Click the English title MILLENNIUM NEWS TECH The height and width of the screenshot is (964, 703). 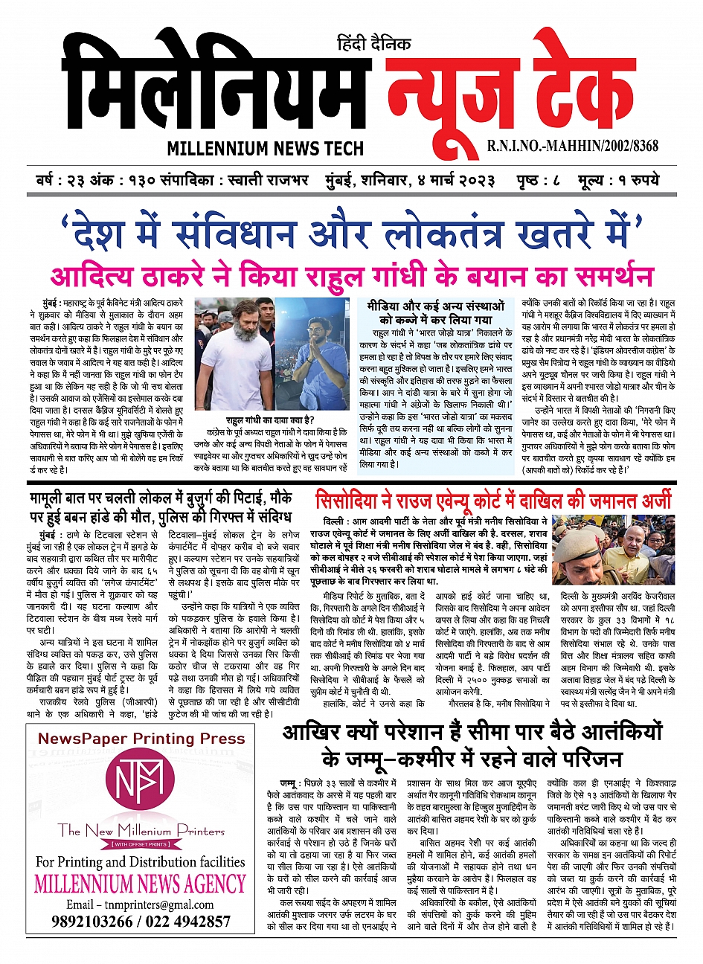[266, 148]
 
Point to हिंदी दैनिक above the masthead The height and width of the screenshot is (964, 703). [373, 44]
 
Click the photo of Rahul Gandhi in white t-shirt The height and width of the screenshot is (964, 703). [233, 353]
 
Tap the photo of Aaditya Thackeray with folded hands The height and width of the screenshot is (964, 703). [312, 353]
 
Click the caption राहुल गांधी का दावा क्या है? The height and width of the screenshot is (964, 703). [271, 420]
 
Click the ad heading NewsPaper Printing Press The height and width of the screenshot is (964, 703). [141, 744]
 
